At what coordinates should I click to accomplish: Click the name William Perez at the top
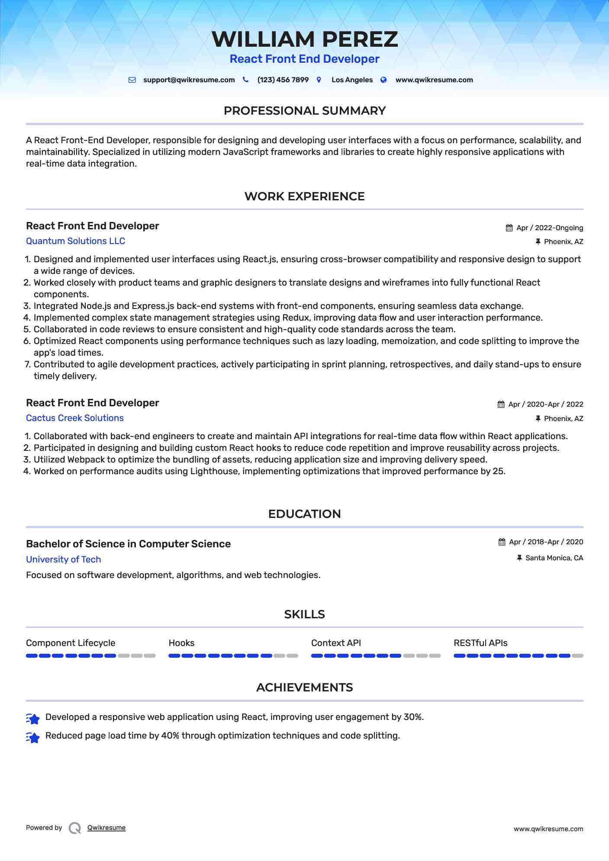[x=304, y=39]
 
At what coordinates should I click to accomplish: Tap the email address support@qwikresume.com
[x=189, y=80]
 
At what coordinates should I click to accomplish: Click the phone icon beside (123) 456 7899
[x=245, y=80]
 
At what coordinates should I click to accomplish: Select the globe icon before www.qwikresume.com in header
[x=383, y=80]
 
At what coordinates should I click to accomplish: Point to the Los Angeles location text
[x=352, y=80]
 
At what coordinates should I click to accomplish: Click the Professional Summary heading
[x=304, y=111]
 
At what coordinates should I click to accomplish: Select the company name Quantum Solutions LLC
[x=75, y=241]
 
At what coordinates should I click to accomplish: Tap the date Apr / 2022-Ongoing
[x=550, y=228]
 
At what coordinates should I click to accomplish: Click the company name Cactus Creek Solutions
[x=75, y=418]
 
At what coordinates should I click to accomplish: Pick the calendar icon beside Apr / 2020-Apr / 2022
[x=501, y=405]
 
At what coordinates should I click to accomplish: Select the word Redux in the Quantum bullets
[x=296, y=318]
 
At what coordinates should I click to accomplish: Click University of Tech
[x=63, y=559]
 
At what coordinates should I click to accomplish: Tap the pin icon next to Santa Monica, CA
[x=519, y=558]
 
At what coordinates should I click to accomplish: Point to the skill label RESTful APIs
[x=480, y=643]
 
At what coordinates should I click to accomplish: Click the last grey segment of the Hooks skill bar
[x=293, y=656]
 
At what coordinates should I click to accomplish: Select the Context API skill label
[x=336, y=643]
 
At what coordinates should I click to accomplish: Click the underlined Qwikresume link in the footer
[x=106, y=828]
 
